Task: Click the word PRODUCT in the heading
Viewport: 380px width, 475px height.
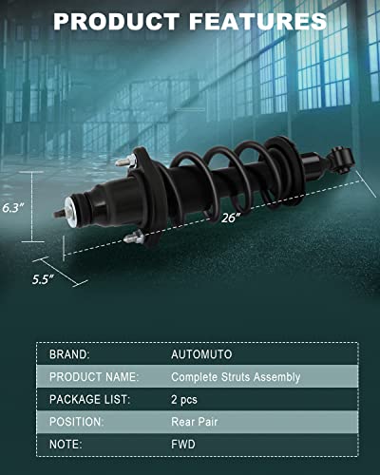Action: point(117,22)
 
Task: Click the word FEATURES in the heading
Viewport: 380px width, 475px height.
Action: point(257,22)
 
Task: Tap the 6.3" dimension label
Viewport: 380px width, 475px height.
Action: point(13,208)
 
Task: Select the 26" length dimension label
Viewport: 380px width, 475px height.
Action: point(231,218)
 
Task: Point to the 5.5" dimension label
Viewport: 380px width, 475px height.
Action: point(43,279)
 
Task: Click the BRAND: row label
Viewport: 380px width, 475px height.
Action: point(69,354)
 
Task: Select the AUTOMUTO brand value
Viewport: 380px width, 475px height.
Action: point(201,354)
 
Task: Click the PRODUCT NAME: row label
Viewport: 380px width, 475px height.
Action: point(94,377)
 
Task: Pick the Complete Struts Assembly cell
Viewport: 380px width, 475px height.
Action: point(236,377)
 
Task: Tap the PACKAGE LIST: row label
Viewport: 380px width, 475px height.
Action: point(89,399)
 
